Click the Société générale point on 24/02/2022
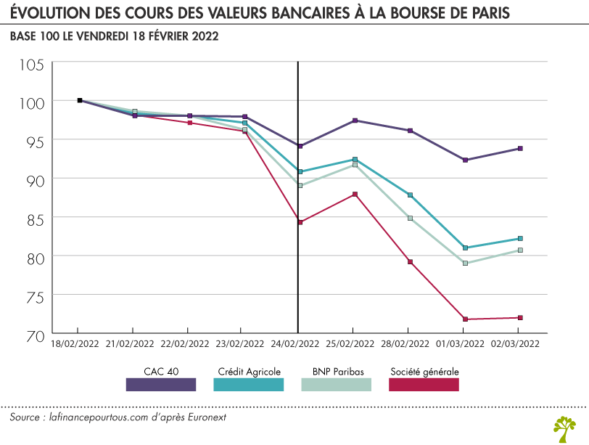coord(300,222)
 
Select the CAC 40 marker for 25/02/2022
coord(355,121)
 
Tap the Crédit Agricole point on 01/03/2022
coord(465,248)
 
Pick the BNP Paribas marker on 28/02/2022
coord(410,218)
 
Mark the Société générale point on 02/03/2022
coord(520,317)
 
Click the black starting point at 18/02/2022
coord(80,100)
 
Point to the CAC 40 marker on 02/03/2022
coord(520,149)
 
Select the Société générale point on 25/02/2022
coord(355,195)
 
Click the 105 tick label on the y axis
coord(31,65)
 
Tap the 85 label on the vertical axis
coord(34,219)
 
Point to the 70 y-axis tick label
coord(34,335)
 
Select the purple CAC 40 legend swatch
coord(161,385)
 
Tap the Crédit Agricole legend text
coord(249,370)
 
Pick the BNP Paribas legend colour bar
coord(336,385)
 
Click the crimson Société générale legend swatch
coord(424,385)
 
